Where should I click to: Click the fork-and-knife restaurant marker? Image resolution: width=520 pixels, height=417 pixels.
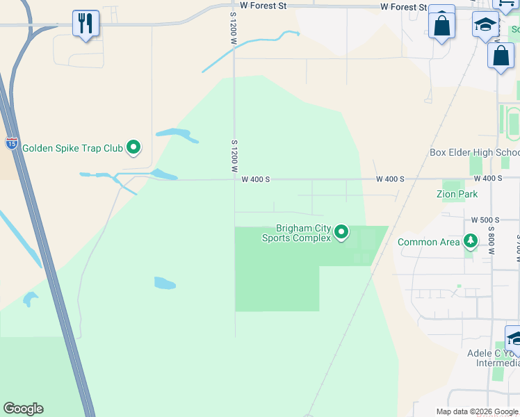[x=86, y=24]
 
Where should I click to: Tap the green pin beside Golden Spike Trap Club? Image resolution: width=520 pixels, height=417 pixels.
[x=133, y=147]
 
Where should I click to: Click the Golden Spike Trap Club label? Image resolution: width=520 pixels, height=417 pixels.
[x=72, y=148]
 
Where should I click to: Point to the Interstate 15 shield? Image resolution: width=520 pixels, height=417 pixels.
[x=12, y=144]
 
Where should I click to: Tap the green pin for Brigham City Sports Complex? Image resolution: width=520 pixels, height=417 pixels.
[x=341, y=231]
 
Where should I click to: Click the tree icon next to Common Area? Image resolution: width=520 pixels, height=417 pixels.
[x=471, y=241]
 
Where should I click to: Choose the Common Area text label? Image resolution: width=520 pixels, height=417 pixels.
[x=428, y=242]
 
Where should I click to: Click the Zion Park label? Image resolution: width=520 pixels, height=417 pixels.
[x=457, y=195]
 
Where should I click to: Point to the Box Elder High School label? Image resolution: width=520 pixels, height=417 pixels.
[x=474, y=153]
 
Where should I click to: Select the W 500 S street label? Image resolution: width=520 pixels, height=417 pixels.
[x=485, y=220]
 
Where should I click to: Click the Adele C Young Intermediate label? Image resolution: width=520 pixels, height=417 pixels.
[x=493, y=358]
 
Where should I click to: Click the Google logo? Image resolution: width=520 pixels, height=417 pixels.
[x=23, y=409]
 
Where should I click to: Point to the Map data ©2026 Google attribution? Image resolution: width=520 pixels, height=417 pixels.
[x=477, y=411]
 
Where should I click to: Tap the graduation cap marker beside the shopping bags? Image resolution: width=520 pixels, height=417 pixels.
[x=485, y=26]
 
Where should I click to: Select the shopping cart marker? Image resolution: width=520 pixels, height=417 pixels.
[x=506, y=3]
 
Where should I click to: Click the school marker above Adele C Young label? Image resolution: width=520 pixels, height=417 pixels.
[x=514, y=339]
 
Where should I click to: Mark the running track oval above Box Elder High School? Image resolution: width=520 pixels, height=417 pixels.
[x=513, y=124]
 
